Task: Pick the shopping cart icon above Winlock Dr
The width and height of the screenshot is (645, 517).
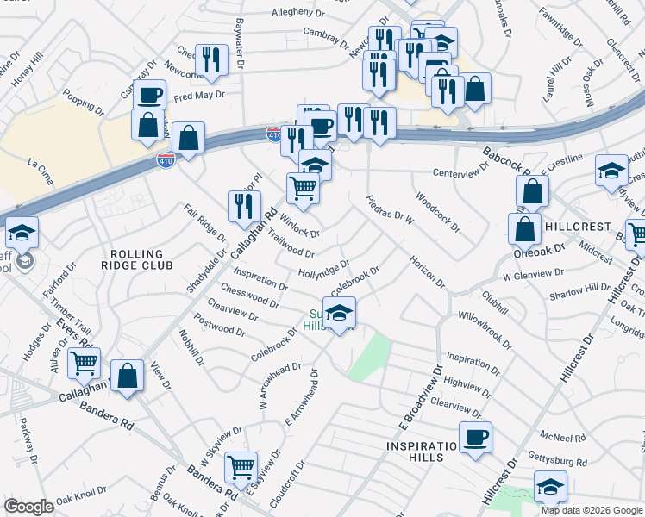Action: (x=303, y=187)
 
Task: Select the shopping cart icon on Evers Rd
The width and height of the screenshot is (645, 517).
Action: (x=84, y=363)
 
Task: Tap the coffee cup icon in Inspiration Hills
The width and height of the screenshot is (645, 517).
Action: (x=475, y=437)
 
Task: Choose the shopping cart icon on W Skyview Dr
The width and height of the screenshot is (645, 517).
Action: (x=241, y=467)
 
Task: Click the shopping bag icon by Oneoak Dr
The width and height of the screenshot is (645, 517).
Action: (x=524, y=229)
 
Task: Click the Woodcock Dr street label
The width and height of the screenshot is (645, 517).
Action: (x=437, y=212)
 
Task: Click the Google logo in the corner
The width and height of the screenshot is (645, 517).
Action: (x=28, y=507)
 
